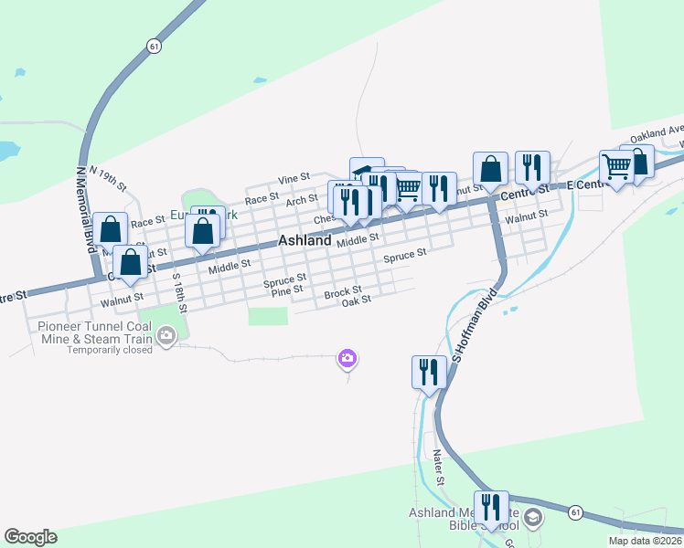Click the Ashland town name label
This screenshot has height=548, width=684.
click(305, 241)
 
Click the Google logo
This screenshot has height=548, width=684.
click(30, 537)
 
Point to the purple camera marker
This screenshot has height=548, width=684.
click(347, 359)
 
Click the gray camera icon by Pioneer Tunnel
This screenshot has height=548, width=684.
click(166, 336)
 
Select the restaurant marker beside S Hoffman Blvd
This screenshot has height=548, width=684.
click(428, 373)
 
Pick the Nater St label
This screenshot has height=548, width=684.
click(439, 467)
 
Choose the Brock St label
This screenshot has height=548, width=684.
click(343, 291)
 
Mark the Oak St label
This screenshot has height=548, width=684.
click(356, 300)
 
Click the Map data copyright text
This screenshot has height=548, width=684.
click(645, 540)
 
